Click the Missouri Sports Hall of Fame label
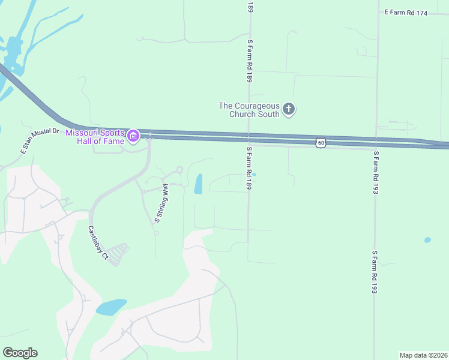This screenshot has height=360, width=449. tap(95, 136)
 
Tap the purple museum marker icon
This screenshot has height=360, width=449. tap(134, 137)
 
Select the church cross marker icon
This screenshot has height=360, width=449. tap(289, 109)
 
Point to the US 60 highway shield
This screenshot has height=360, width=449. tap(321, 143)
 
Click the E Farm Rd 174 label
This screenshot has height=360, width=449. tap(406, 13)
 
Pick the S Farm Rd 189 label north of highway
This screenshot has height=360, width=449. tap(249, 61)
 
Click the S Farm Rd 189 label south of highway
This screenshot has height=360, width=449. tap(249, 169)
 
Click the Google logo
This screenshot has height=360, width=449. tap(20, 353)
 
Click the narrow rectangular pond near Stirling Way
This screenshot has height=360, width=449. tap(199, 184)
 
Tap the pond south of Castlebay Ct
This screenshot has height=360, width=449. tap(112, 307)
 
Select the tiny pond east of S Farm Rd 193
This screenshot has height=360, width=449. tap(427, 240)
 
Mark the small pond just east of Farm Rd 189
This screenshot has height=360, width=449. tap(254, 175)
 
